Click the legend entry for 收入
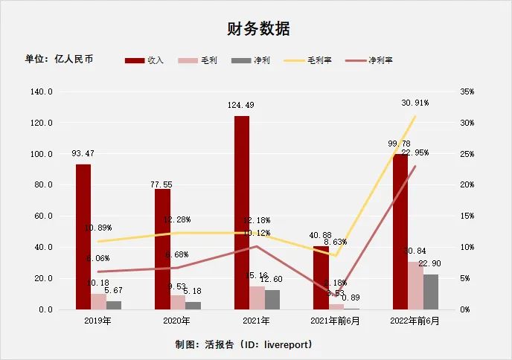point(145,60)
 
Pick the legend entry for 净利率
point(369,60)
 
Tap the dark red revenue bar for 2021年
point(242,212)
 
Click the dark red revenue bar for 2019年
point(83,237)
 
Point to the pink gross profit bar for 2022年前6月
point(415,285)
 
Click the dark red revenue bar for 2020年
point(162,248)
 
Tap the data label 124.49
point(242,106)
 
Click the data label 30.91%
point(415,103)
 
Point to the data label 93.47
point(83,153)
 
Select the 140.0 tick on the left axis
point(41,91)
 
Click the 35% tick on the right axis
point(467,91)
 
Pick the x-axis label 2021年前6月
point(336,321)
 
